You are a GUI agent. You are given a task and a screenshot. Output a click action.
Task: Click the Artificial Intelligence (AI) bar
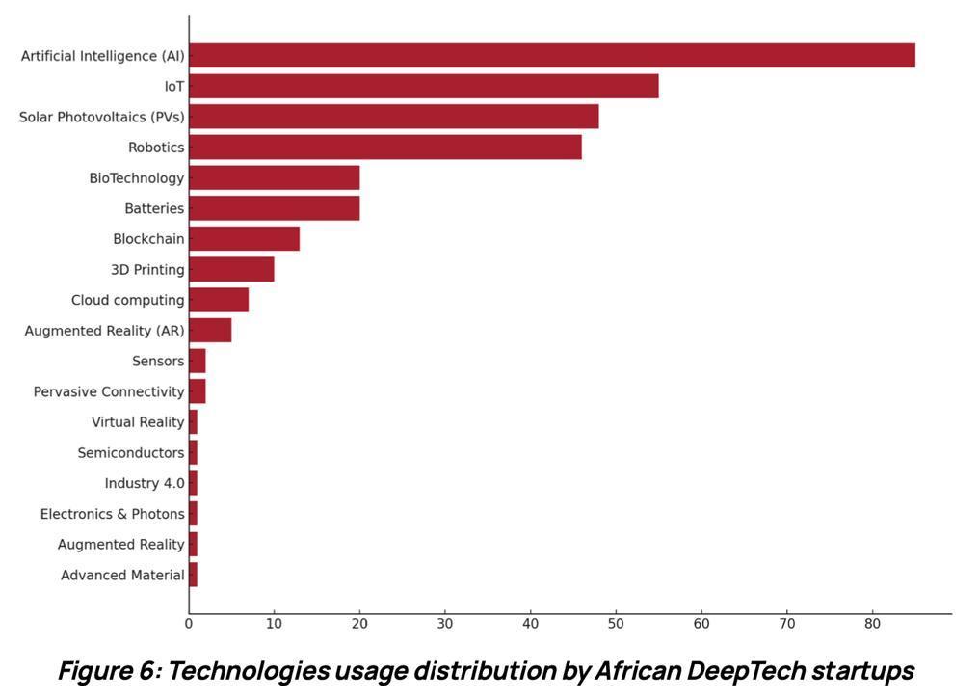coord(551,56)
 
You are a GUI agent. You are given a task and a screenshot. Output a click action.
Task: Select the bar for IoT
coord(423,86)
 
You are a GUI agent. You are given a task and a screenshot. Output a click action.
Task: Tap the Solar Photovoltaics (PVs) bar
coord(393,117)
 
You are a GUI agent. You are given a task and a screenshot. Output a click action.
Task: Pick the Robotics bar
coord(384,148)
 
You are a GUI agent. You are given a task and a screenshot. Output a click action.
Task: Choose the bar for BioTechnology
coord(274,177)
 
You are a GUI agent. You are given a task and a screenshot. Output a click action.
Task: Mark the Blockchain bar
coord(244,238)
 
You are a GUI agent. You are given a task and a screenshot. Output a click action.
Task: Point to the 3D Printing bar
coord(231,269)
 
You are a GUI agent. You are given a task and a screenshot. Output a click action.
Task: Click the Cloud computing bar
coord(219,300)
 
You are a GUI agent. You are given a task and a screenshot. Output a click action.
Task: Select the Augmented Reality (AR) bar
coord(210,331)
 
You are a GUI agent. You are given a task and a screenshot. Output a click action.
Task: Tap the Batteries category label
coord(154,208)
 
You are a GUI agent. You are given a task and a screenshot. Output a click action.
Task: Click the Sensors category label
coord(158,362)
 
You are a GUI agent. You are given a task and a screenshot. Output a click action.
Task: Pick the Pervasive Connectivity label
coord(109,391)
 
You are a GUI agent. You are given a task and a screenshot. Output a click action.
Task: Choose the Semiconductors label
coord(131,453)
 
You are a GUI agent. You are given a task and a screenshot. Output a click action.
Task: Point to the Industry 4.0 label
coord(145,483)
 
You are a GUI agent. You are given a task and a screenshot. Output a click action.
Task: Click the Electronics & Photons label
coord(112,514)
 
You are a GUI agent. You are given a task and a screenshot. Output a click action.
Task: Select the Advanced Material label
coord(122,576)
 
